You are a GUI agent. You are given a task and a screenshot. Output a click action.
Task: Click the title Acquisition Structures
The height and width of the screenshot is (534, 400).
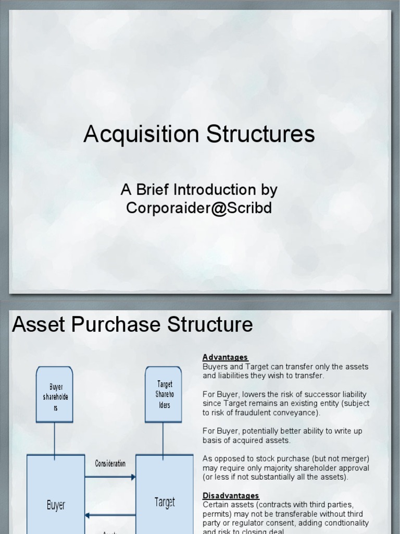(x=199, y=135)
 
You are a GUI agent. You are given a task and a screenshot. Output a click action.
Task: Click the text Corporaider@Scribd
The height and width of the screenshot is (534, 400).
(x=199, y=208)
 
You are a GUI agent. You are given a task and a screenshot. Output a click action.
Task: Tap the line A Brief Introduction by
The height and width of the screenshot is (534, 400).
(x=199, y=189)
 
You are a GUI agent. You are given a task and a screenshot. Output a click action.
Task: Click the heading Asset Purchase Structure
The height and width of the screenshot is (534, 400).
(x=132, y=324)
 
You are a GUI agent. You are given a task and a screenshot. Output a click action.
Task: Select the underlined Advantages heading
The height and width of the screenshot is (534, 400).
(x=225, y=357)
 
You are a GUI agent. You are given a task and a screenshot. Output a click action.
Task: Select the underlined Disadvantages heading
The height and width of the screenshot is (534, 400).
(x=231, y=495)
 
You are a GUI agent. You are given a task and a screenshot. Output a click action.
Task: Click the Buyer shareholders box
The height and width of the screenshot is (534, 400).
(x=54, y=394)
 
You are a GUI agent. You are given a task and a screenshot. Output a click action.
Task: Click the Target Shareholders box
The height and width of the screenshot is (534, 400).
(x=164, y=394)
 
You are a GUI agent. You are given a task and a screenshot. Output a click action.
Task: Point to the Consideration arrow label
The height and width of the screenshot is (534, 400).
(x=110, y=463)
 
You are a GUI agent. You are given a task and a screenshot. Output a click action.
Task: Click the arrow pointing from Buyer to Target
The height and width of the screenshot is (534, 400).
(x=110, y=477)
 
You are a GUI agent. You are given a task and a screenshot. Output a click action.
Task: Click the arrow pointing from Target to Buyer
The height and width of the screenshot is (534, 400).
(x=110, y=515)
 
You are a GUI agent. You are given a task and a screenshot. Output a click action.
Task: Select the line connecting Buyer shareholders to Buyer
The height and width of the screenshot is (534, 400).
(x=54, y=438)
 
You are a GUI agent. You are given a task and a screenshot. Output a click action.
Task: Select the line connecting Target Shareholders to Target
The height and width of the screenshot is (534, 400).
(x=164, y=438)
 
